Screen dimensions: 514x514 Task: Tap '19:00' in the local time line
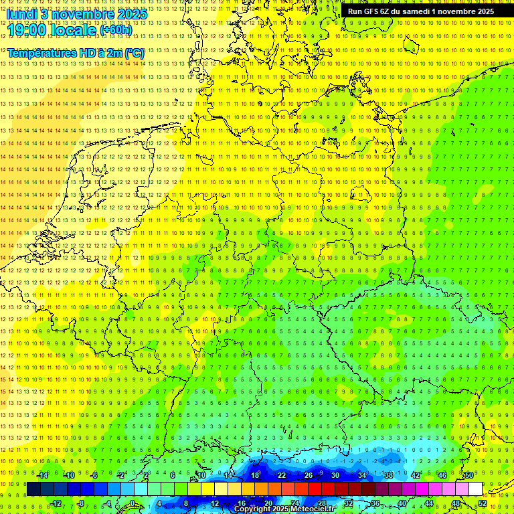26,29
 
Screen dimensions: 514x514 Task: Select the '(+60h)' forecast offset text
116,30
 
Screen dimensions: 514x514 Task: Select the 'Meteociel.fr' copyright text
307,509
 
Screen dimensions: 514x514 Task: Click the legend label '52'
483,503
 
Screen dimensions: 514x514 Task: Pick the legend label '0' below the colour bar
133,503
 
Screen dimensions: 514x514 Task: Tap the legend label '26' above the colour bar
308,475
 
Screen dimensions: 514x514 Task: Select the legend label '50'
469,475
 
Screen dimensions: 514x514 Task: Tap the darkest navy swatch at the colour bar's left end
34,489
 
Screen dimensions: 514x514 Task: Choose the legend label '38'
389,475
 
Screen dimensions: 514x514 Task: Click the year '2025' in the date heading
132,14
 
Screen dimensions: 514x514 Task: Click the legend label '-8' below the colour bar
82,503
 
